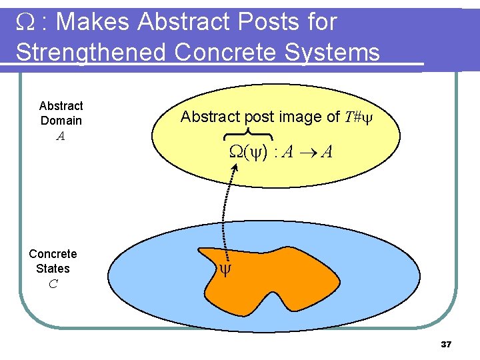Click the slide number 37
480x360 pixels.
point(446,345)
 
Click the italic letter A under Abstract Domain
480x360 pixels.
point(61,136)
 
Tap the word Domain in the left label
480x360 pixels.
point(61,121)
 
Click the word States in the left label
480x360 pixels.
point(53,269)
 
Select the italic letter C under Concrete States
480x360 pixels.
point(53,284)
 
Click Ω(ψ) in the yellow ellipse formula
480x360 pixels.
point(249,153)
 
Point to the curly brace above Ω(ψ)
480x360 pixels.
point(249,133)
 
